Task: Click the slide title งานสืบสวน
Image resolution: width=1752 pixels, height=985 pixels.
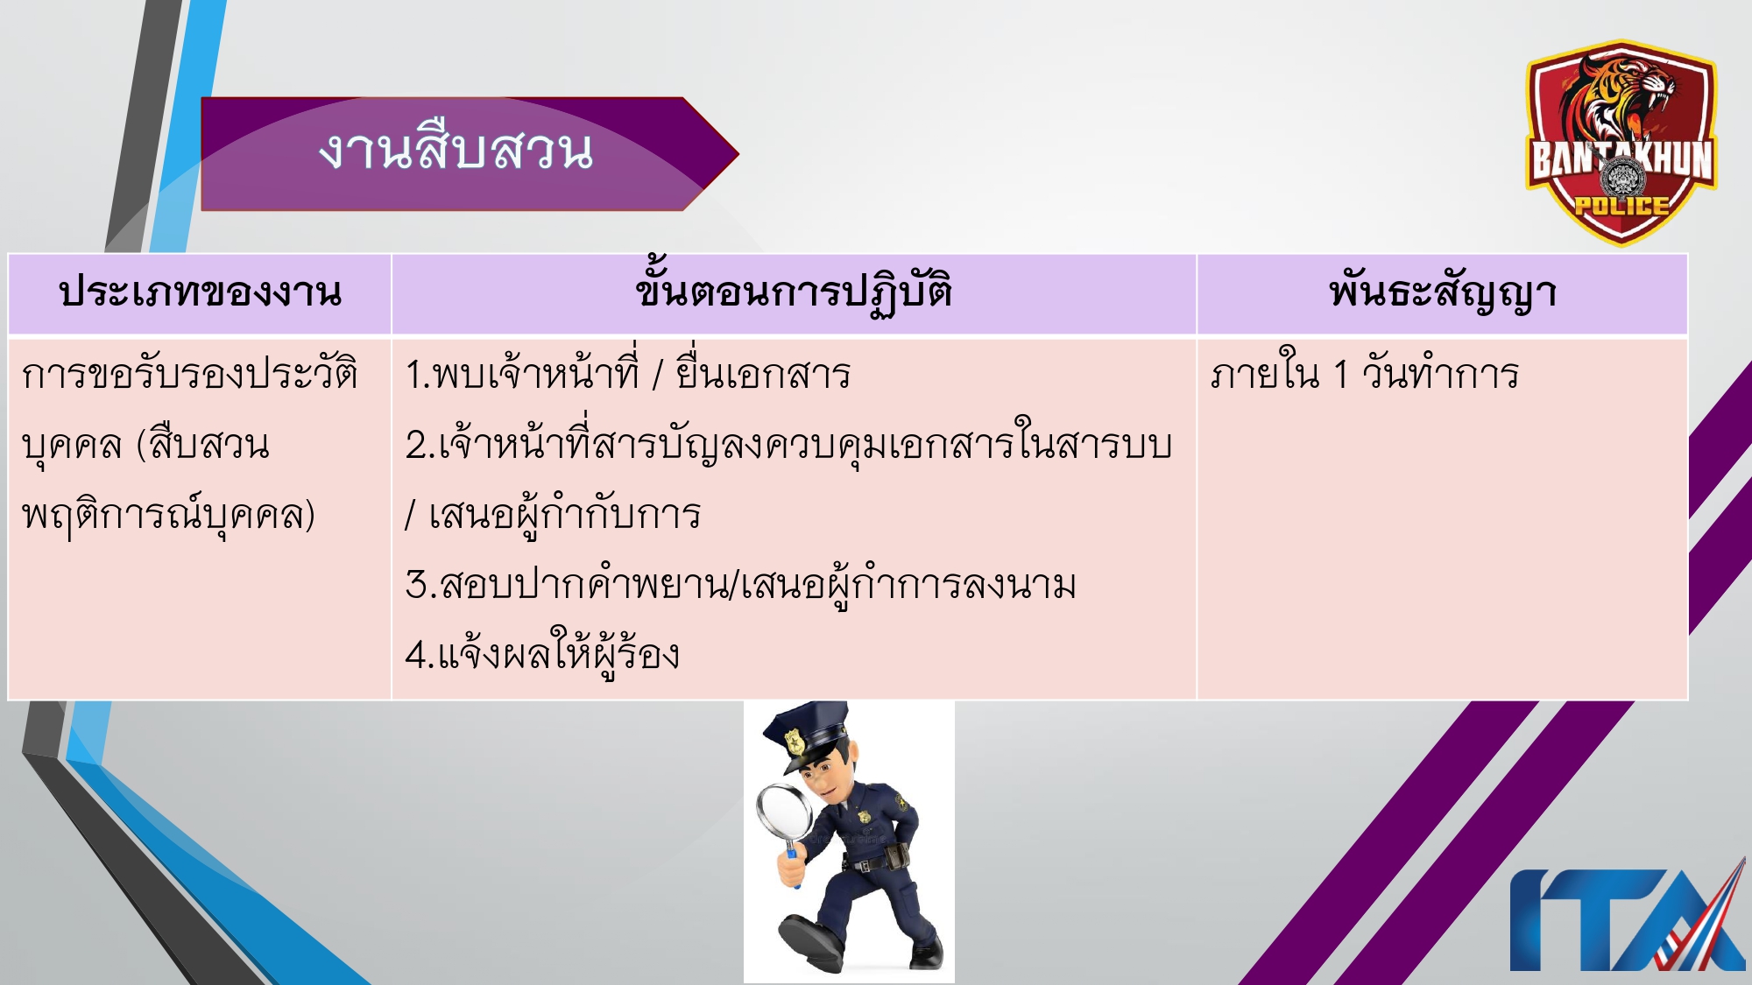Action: pos(456,151)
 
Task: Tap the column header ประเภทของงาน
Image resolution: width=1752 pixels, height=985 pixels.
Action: pos(200,292)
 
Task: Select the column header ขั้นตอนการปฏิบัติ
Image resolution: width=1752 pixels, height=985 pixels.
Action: pos(794,292)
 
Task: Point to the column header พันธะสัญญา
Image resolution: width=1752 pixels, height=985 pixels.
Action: pos(1442,292)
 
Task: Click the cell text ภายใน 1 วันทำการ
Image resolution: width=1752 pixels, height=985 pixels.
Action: pos(1364,375)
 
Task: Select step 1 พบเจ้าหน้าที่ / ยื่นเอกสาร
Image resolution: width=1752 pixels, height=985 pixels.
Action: pos(627,375)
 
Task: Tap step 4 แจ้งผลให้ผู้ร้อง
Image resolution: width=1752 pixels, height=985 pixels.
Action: pos(542,655)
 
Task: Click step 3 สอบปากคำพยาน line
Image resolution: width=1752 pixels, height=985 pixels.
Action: pos(740,585)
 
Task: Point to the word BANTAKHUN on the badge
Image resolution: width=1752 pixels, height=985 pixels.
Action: pos(1621,159)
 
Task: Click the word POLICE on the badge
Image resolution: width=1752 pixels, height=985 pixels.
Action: pos(1621,207)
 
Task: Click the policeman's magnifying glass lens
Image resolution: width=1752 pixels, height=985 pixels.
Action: pos(785,814)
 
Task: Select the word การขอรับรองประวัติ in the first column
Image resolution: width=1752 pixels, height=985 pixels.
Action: pos(189,375)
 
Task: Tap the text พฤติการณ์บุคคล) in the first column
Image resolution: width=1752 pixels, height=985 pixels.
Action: pos(168,515)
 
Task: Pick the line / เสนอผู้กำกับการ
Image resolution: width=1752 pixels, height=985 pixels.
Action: pos(553,515)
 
